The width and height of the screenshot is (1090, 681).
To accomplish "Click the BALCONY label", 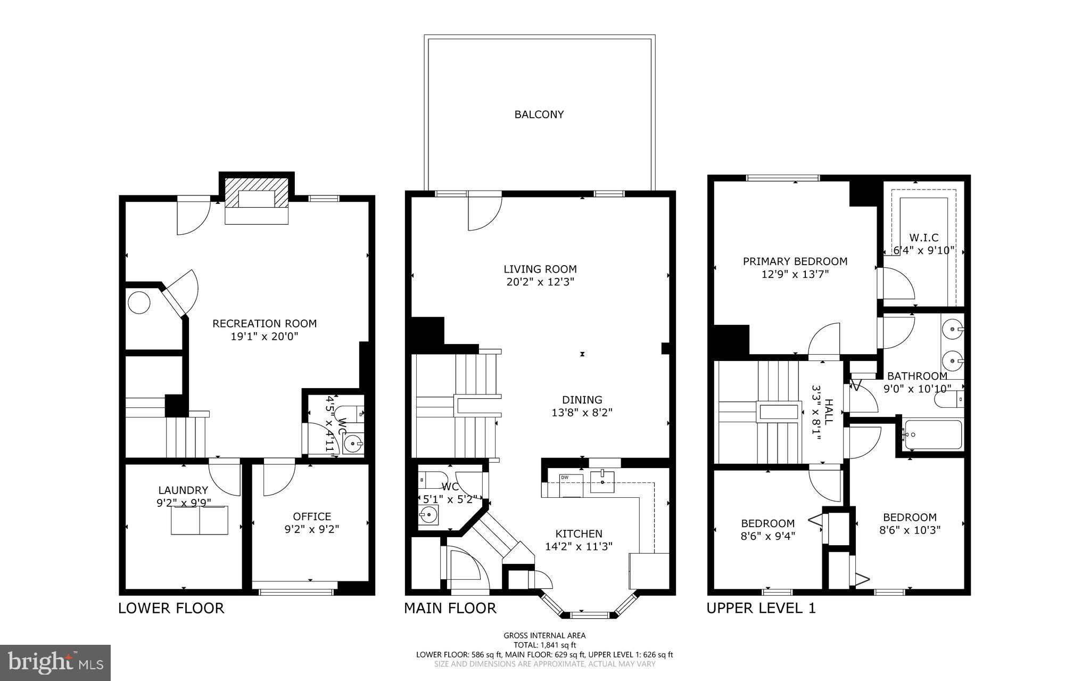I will click(x=539, y=114).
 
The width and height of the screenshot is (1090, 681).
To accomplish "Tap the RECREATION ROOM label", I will click(x=265, y=324).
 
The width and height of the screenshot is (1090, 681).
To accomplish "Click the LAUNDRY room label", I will click(x=183, y=490).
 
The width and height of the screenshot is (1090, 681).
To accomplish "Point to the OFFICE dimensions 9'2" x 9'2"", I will click(x=312, y=529).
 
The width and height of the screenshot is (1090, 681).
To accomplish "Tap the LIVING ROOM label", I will click(x=540, y=269).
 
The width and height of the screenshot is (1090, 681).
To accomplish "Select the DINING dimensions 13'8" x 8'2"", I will click(x=582, y=412).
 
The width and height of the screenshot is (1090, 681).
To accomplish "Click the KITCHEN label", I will click(x=579, y=534).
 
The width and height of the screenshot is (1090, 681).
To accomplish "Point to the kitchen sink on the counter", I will click(x=602, y=482).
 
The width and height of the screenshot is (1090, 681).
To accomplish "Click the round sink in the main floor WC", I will click(x=427, y=515).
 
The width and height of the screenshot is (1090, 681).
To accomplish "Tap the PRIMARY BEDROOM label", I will click(x=795, y=261).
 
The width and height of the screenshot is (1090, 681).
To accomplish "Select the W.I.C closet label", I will click(x=924, y=238).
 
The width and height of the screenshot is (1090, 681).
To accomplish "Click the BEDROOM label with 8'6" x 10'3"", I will click(x=910, y=517).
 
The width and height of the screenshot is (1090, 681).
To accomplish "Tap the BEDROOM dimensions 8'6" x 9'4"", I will click(x=768, y=536).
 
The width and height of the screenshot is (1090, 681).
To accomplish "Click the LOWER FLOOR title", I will click(x=171, y=608).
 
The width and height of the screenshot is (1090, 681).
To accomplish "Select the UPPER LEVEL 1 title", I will click(x=761, y=608).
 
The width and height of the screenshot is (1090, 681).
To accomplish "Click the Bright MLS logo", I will click(x=55, y=662).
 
